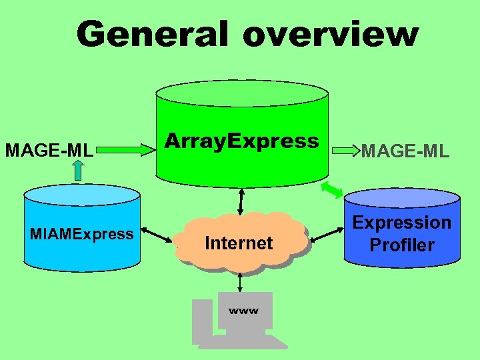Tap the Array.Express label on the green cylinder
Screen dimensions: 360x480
241,141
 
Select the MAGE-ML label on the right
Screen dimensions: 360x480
405,152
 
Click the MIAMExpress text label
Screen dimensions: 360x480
81,234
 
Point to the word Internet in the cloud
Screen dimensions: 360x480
239,243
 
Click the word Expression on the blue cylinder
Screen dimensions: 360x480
402,223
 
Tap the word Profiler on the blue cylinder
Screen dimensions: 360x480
402,245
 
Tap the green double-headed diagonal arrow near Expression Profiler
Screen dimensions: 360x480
331,190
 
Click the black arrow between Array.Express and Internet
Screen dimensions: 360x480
241,199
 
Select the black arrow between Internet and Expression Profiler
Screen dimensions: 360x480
326,234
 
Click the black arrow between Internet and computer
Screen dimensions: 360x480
240,283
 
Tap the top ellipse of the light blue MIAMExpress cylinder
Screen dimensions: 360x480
81,195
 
